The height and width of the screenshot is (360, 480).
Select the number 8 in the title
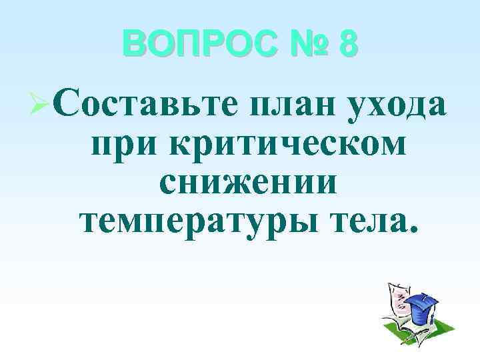click(x=347, y=45)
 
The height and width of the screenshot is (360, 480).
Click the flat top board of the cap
click(x=423, y=300)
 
